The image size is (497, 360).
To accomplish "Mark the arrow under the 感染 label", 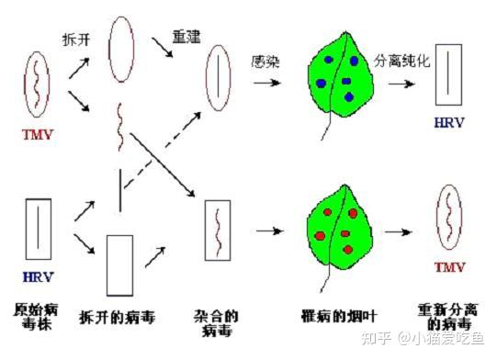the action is (x=267, y=83).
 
